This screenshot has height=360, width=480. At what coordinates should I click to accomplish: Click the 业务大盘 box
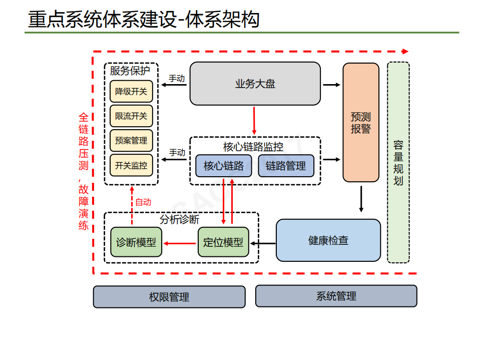(x=255, y=84)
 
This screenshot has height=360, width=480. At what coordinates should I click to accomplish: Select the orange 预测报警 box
(x=360, y=122)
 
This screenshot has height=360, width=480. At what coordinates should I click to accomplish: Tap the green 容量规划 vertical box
(x=398, y=162)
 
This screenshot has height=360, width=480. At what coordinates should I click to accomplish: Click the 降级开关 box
(x=131, y=91)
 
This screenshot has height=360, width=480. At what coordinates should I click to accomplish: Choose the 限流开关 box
(x=131, y=116)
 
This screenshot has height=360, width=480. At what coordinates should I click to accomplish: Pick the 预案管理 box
(x=131, y=140)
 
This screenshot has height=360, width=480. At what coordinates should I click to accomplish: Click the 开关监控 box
(x=131, y=165)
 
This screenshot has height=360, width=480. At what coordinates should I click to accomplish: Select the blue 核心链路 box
(x=223, y=166)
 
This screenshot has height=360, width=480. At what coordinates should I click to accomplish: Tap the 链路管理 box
(x=286, y=166)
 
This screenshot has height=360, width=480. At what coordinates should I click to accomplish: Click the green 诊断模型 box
(x=136, y=242)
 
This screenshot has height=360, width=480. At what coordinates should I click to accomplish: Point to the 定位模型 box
(x=223, y=242)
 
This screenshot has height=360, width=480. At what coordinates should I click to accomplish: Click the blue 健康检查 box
(x=328, y=240)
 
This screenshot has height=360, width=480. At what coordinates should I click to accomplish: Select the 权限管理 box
(x=169, y=297)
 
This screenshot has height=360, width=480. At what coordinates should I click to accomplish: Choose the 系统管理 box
(x=336, y=296)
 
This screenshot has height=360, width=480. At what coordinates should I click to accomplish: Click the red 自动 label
(x=143, y=202)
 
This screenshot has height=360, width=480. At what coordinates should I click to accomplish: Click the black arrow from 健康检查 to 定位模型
(x=263, y=244)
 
